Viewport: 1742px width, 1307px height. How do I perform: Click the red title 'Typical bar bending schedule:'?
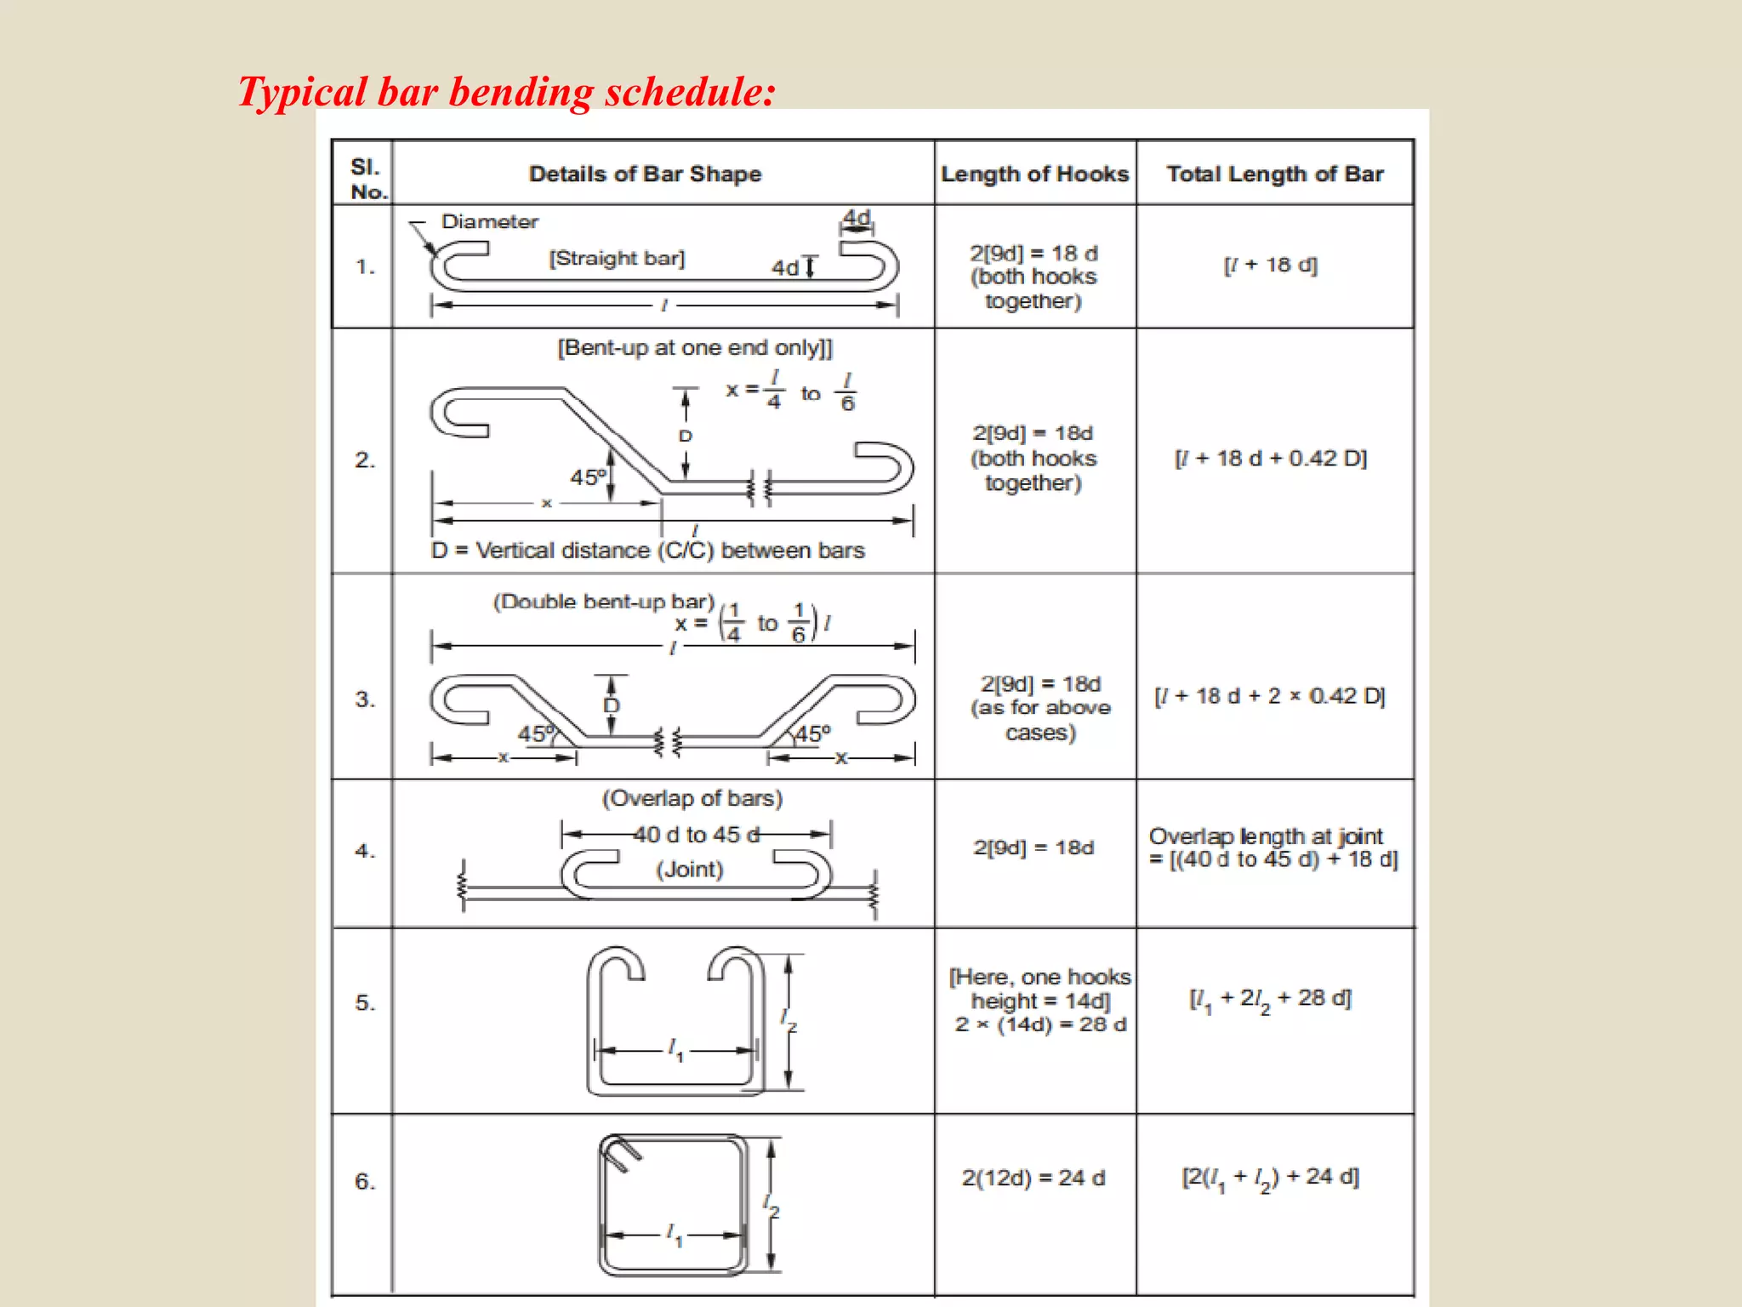point(506,92)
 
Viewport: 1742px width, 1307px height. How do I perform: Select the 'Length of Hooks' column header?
point(1034,174)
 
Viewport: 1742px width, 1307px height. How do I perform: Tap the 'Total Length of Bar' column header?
point(1274,174)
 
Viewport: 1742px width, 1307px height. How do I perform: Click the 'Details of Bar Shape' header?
point(645,174)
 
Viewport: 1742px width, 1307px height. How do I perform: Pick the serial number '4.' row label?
point(365,850)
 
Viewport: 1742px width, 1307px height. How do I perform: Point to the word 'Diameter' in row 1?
point(489,221)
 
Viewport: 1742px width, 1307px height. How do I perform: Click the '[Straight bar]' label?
point(617,258)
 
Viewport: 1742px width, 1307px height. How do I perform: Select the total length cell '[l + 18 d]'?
point(1270,265)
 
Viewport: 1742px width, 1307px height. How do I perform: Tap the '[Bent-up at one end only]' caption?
point(695,347)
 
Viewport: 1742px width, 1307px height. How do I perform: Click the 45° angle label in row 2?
point(588,477)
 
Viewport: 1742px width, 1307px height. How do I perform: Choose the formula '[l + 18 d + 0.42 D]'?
point(1270,458)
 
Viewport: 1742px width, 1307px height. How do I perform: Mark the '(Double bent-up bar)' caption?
point(604,602)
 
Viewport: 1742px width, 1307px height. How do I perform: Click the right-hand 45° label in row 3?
point(811,733)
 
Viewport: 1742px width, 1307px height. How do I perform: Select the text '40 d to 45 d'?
point(696,835)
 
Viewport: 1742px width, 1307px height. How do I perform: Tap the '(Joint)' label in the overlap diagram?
point(689,869)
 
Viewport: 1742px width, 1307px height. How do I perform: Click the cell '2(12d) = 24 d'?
point(1033,1178)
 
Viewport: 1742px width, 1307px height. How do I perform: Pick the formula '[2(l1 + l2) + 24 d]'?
point(1270,1178)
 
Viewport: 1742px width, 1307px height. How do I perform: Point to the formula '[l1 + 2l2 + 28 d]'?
point(1270,999)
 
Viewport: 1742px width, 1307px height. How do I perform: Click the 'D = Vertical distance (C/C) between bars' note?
point(647,551)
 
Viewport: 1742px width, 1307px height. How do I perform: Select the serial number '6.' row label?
point(365,1181)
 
